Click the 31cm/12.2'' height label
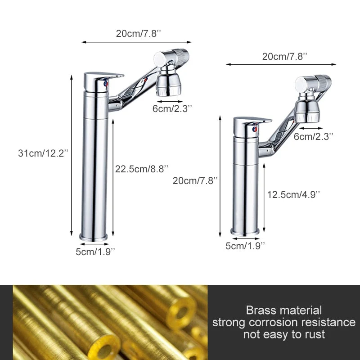43,153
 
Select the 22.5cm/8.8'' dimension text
142,169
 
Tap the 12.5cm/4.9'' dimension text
293,195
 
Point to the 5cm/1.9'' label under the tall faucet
95,252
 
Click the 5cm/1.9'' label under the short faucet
245,246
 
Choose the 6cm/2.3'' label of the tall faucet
172,108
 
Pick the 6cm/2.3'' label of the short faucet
313,137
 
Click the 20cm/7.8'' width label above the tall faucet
139,33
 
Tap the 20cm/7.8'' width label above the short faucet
285,57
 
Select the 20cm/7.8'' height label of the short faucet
195,181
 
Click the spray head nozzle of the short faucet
307,111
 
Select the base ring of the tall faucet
94,237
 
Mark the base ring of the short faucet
245,232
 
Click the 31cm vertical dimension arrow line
72,155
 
